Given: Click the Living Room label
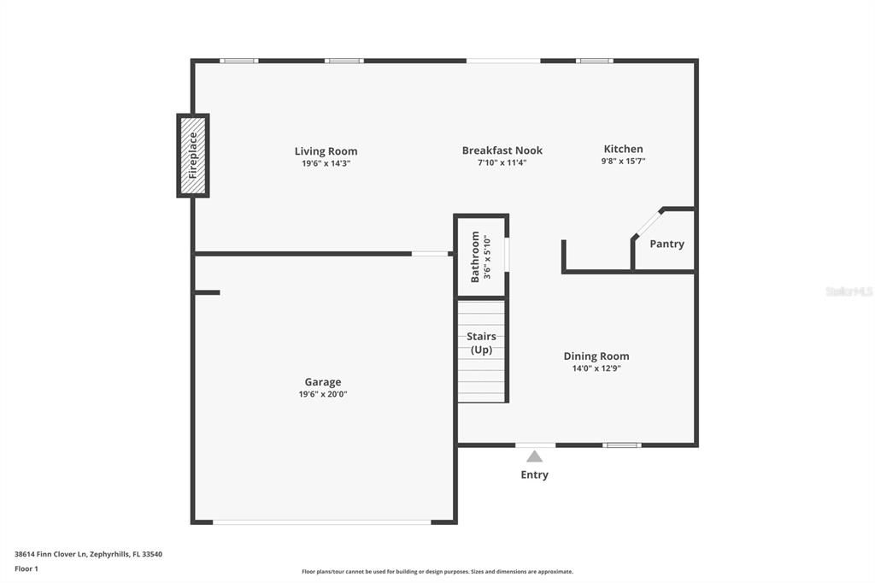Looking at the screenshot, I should (326, 151).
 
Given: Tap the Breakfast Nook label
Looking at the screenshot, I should (502, 150).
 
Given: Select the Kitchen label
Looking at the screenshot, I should (623, 149).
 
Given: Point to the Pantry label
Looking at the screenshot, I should (667, 244).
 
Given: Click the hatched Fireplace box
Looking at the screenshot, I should (193, 155).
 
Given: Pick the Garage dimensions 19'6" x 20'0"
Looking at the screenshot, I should (323, 394).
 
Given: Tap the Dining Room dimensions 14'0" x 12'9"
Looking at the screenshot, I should (596, 368).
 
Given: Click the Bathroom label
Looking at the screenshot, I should (476, 257).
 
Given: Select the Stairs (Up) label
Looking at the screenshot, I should (481, 343).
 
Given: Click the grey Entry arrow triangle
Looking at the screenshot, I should (534, 456).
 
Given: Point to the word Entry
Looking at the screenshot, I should (534, 474).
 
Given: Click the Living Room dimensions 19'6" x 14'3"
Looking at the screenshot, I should (326, 162).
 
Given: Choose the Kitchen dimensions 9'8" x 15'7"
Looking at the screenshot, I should (623, 161).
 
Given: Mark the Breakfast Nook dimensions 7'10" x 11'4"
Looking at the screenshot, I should (502, 162).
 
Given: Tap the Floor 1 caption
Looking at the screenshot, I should (26, 568).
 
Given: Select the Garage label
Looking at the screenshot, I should (323, 382).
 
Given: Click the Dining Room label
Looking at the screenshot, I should (596, 356).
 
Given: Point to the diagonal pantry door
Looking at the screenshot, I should (647, 221).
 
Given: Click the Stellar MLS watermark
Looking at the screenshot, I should (849, 291).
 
